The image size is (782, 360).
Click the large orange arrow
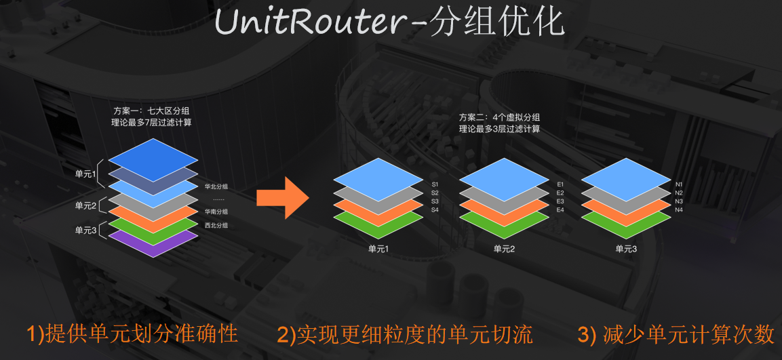[x=282, y=197]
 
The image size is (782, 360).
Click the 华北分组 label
[x=216, y=186]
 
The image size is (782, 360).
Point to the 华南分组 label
[x=216, y=212]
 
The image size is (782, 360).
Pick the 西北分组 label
[x=216, y=226]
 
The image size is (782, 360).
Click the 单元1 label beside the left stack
[x=86, y=174]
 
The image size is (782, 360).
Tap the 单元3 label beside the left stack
[x=86, y=231]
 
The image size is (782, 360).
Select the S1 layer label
[x=435, y=184]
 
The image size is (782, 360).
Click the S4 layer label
[x=435, y=210]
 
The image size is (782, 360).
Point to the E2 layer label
[x=560, y=193]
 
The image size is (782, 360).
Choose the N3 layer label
[x=679, y=201]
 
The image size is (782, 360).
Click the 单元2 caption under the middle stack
[x=504, y=249]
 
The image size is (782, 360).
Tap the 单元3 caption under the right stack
[x=626, y=249]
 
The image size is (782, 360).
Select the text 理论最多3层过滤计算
[x=499, y=128]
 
